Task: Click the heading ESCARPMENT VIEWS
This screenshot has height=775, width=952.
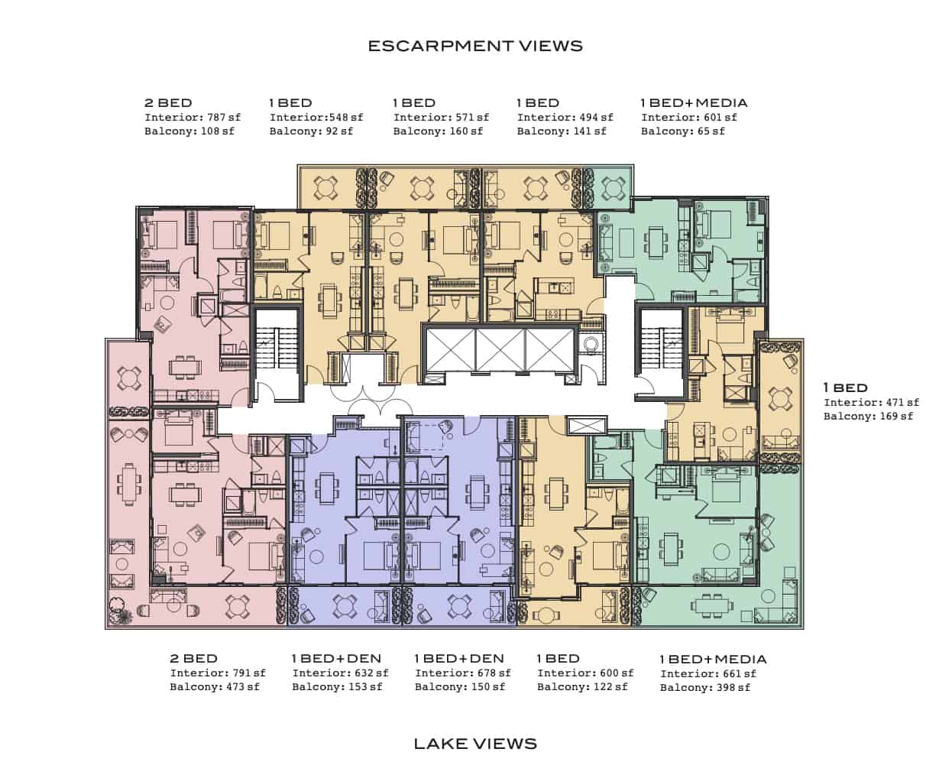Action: [x=475, y=46]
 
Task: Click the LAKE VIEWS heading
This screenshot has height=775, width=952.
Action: [x=475, y=744]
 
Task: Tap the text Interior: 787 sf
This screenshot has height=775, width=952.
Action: [x=193, y=118]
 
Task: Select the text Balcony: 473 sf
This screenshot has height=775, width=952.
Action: [x=215, y=686]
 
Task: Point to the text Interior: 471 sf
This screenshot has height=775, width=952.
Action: [x=871, y=402]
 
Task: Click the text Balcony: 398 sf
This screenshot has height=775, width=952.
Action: [x=705, y=687]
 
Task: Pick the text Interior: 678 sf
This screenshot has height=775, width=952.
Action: [x=462, y=673]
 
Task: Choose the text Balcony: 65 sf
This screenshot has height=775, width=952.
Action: [x=683, y=131]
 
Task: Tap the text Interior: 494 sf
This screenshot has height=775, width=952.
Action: [x=565, y=118]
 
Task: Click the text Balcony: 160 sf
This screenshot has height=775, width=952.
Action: [x=438, y=131]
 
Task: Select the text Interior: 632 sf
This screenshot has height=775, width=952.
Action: [x=340, y=673]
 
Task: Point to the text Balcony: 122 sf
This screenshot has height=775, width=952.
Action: [x=582, y=686]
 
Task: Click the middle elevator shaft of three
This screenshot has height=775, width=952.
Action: [x=500, y=350]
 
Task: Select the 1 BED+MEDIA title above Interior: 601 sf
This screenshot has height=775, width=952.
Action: [x=694, y=102]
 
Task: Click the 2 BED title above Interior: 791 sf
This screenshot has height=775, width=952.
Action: [x=193, y=658]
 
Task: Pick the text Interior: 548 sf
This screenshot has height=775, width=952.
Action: [x=316, y=118]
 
